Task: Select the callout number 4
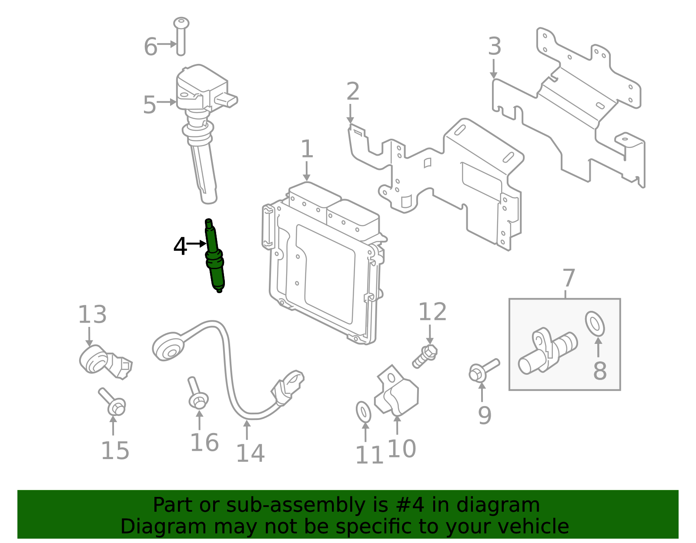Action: pyautogui.click(x=180, y=247)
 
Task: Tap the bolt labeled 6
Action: pyautogui.click(x=181, y=37)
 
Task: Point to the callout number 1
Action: pyautogui.click(x=307, y=149)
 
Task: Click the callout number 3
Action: pyautogui.click(x=495, y=47)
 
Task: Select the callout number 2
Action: pyautogui.click(x=353, y=92)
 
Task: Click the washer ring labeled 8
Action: pyautogui.click(x=595, y=324)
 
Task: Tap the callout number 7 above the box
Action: pyautogui.click(x=569, y=278)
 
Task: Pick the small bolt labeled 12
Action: pyautogui.click(x=425, y=356)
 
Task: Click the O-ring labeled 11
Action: pyautogui.click(x=364, y=412)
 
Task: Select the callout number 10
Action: pyautogui.click(x=402, y=449)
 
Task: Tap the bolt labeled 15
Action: pyautogui.click(x=112, y=402)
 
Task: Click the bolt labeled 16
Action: pyautogui.click(x=197, y=394)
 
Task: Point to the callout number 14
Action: pyautogui.click(x=250, y=453)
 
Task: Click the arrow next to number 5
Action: pyautogui.click(x=167, y=103)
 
